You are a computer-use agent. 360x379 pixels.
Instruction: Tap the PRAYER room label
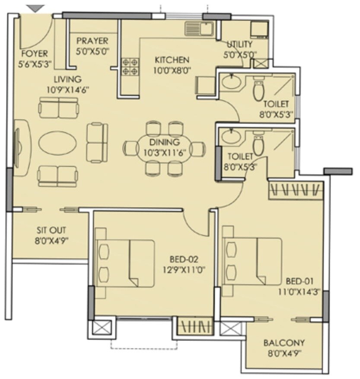(x=92, y=41)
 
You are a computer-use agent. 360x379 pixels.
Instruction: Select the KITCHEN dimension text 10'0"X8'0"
(x=172, y=69)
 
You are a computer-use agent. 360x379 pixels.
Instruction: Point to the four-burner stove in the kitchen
(x=130, y=67)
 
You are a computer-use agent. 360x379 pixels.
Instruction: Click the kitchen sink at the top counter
(x=199, y=29)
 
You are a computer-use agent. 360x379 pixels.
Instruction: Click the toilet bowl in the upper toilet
(x=258, y=89)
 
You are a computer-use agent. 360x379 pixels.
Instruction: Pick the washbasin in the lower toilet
(x=234, y=137)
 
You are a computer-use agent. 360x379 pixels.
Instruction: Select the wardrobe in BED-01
(x=296, y=190)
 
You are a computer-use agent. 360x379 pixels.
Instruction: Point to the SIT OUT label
(x=51, y=230)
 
